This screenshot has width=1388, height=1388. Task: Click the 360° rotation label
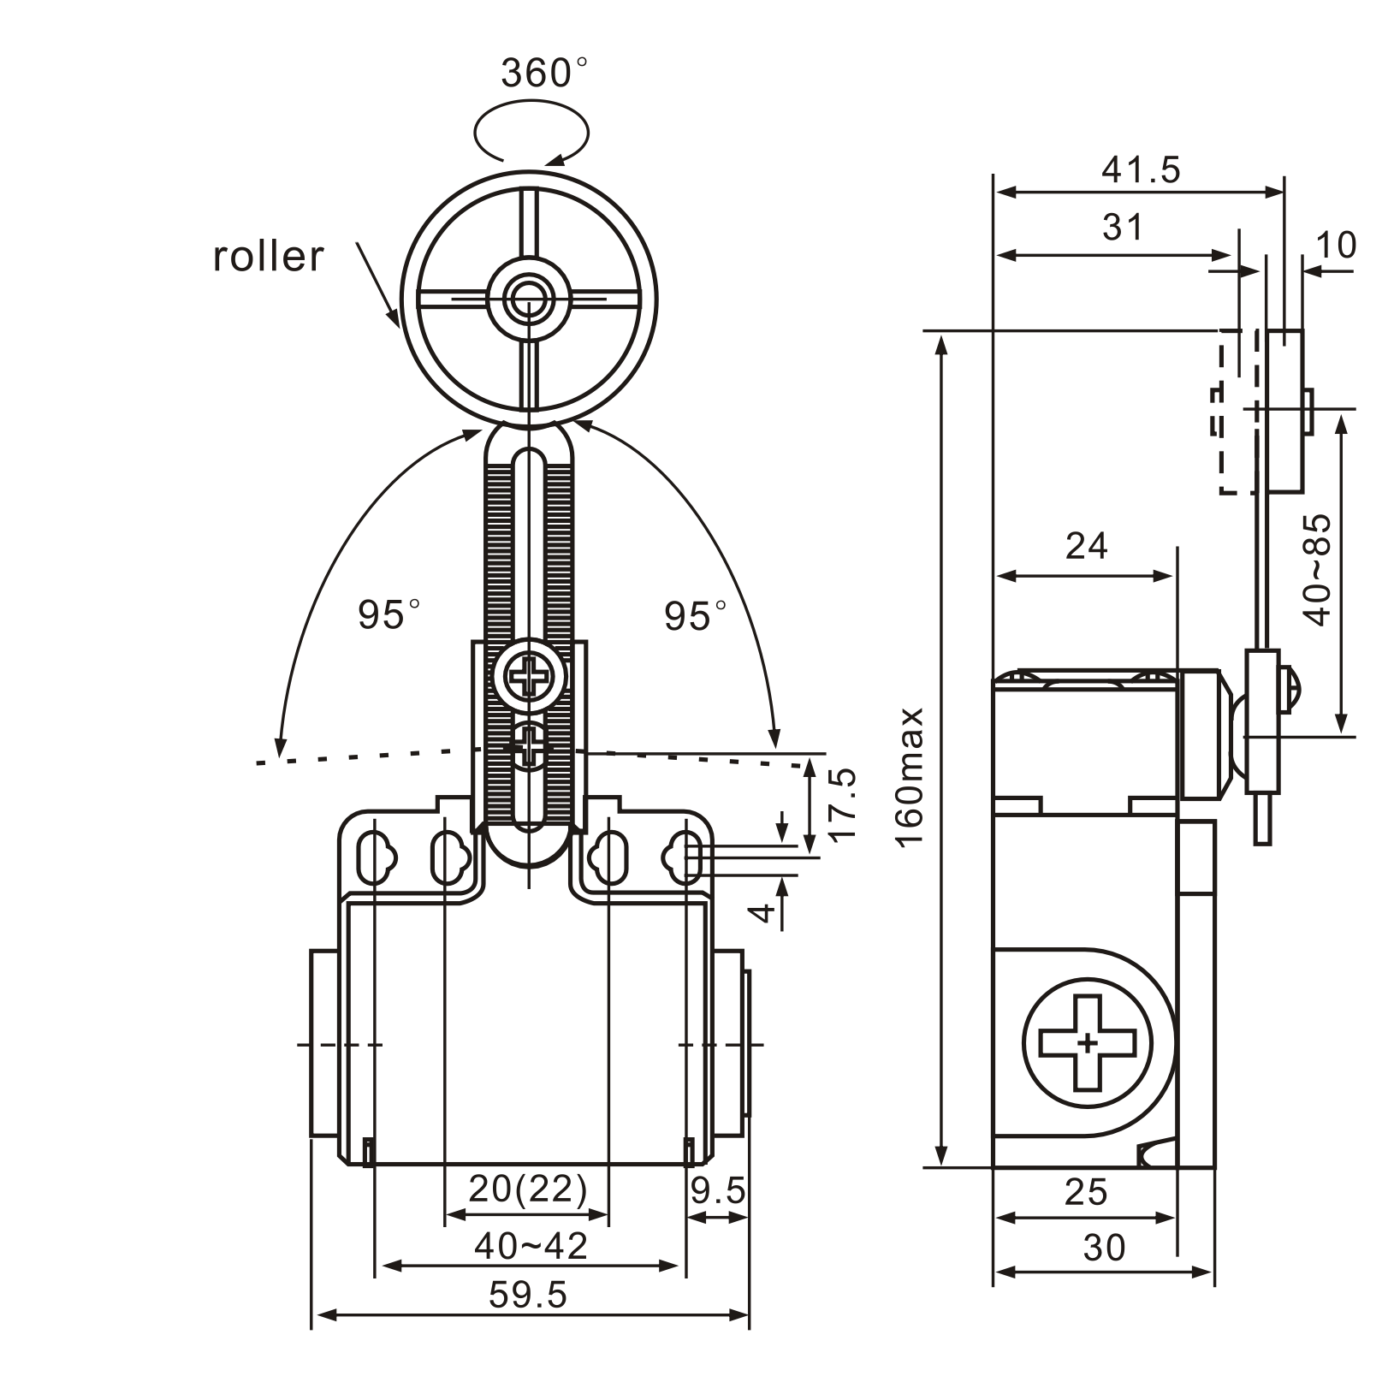[x=544, y=74]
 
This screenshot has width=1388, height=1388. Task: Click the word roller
[x=269, y=257]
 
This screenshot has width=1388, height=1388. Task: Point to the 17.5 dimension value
[x=843, y=804]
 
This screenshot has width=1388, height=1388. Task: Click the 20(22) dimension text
[x=528, y=1189]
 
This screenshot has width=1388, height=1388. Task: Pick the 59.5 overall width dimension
[x=528, y=1295]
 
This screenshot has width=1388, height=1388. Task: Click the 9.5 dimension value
[x=718, y=1190]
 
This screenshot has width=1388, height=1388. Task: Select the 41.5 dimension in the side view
[x=1140, y=170]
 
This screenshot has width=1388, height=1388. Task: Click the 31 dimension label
[x=1122, y=228]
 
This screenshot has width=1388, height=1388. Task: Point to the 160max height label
[x=911, y=776]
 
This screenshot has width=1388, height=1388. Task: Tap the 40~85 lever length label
[x=1319, y=570]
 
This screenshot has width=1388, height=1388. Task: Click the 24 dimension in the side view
[x=1086, y=546]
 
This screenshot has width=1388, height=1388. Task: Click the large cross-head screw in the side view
[x=1088, y=1043]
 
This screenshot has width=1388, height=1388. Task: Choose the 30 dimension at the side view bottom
[x=1103, y=1249]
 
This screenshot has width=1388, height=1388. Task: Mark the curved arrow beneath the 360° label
[x=531, y=131]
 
